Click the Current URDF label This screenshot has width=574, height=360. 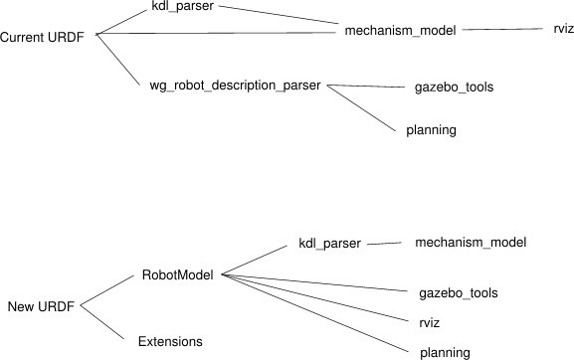pos(42,37)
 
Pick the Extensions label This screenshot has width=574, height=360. pos(170,341)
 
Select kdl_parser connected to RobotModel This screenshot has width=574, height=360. pos(329,243)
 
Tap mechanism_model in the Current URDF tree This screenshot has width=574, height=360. pos(400,31)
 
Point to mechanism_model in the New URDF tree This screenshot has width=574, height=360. pos(470,242)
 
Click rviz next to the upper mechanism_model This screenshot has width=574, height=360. pos(564,30)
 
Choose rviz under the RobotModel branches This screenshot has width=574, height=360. pos(430,323)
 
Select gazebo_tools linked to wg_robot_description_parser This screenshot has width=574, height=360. pos(454,87)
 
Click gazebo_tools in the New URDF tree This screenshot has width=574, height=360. pos(458,293)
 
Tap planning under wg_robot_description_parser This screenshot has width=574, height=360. pos(432,130)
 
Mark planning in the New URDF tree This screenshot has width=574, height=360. pos(445,351)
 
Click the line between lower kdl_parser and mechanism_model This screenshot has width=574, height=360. pos(381,241)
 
